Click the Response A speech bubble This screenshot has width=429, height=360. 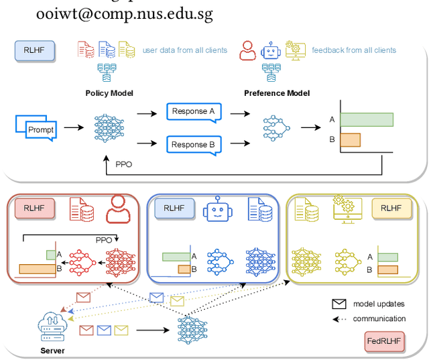click(194, 112)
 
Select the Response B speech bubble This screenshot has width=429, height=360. click(194, 145)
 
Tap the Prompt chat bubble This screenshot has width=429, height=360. click(36, 128)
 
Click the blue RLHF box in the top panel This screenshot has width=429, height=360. click(35, 50)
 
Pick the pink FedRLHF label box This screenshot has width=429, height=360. click(384, 341)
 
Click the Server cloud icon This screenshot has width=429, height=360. click(52, 327)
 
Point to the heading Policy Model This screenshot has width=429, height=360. click(109, 93)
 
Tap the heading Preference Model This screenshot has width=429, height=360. click(277, 93)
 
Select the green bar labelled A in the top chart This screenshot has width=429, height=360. click(367, 119)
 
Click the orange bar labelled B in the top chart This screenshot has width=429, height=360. click(351, 140)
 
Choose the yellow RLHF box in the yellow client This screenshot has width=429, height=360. click(391, 208)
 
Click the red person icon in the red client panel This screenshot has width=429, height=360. click(118, 209)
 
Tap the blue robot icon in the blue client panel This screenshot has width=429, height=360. click(217, 208)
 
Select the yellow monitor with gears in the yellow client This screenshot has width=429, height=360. click(347, 209)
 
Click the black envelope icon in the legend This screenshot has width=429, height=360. click(339, 304)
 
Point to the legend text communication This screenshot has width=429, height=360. click(379, 318)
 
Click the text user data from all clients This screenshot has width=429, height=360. click(185, 50)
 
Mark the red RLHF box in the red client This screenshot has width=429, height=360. click(35, 208)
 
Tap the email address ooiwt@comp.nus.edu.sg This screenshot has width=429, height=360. click(125, 13)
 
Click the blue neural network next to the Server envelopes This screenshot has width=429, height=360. click(192, 331)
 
